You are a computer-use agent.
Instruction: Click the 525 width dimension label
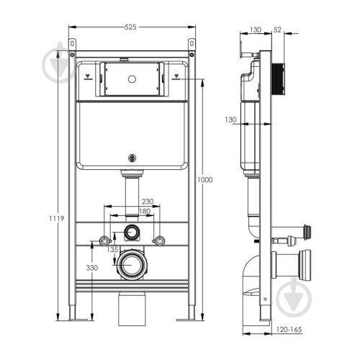tap(130, 27)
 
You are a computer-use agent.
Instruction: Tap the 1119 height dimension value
tap(57, 218)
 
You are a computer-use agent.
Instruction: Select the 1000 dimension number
tap(204, 180)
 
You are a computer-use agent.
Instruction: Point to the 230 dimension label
tap(148, 201)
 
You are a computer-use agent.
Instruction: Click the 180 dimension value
tap(145, 211)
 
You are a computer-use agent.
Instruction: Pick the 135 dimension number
tap(112, 250)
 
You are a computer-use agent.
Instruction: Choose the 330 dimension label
tap(92, 268)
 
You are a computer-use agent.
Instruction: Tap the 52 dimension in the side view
tap(277, 30)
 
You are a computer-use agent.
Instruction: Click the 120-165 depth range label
tap(289, 330)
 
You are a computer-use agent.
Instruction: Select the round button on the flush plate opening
tap(132, 79)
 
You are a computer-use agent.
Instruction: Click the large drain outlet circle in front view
tap(132, 265)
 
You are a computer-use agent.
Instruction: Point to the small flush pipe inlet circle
tap(131, 233)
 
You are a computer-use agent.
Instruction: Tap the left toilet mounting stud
tap(104, 240)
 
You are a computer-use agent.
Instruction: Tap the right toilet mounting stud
tap(159, 240)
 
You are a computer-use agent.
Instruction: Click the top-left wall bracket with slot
tap(72, 45)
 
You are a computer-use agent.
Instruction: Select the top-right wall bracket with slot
tap(192, 45)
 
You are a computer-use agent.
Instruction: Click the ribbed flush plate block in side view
tap(279, 79)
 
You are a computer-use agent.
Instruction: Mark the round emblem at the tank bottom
tap(132, 158)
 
